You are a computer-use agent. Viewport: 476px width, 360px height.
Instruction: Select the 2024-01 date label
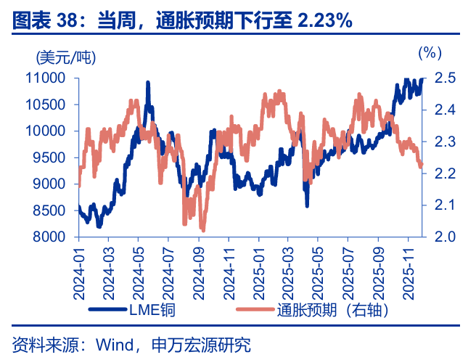coord(78,270)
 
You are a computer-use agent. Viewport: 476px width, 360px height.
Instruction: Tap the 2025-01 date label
coord(258,270)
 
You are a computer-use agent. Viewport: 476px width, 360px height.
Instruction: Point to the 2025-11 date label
coord(408,270)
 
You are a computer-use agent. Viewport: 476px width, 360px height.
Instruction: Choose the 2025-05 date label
coord(318,270)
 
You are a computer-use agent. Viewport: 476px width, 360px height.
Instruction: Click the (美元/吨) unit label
coord(65,56)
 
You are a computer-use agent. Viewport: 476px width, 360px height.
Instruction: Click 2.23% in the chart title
coord(325,21)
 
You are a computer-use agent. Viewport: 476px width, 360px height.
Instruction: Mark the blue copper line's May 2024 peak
coord(148,83)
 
